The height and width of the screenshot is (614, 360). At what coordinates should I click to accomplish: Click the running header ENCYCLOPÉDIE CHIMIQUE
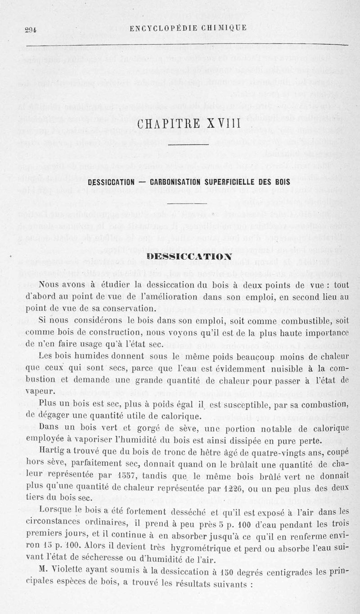pos(188,28)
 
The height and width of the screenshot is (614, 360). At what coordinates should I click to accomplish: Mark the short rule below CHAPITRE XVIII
pos(185,145)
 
